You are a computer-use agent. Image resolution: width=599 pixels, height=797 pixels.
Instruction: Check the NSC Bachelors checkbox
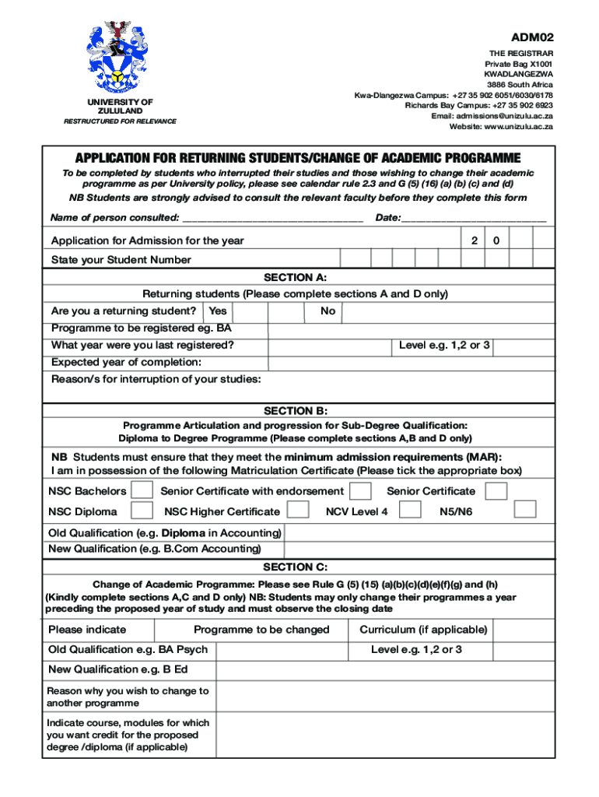pyautogui.click(x=142, y=491)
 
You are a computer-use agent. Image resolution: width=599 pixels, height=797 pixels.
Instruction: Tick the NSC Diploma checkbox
pyautogui.click(x=142, y=511)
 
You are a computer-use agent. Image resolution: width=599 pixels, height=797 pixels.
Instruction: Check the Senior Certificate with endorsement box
pyautogui.click(x=360, y=491)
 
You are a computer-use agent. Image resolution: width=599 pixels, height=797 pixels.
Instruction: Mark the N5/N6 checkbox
pyautogui.click(x=526, y=509)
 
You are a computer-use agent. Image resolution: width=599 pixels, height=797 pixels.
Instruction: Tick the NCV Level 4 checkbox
pyautogui.click(x=410, y=510)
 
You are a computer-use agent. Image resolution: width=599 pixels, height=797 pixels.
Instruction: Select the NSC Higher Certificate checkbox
pyautogui.click(x=298, y=511)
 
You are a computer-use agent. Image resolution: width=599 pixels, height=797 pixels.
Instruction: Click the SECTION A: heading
pyautogui.click(x=296, y=277)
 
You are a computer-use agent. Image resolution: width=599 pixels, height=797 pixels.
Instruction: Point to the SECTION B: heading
pyautogui.click(x=296, y=410)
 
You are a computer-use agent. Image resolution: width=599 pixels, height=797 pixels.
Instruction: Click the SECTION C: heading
pyautogui.click(x=296, y=567)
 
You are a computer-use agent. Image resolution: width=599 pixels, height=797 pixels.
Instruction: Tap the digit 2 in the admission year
pyautogui.click(x=474, y=241)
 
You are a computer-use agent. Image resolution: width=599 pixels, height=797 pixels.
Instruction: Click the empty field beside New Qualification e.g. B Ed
pyautogui.click(x=385, y=670)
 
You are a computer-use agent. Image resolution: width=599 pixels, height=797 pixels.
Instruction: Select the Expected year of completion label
pyautogui.click(x=126, y=362)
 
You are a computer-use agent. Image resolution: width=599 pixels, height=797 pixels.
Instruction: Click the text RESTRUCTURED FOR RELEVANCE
pyautogui.click(x=120, y=121)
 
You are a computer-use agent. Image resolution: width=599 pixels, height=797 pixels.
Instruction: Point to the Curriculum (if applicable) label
pyautogui.click(x=423, y=630)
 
